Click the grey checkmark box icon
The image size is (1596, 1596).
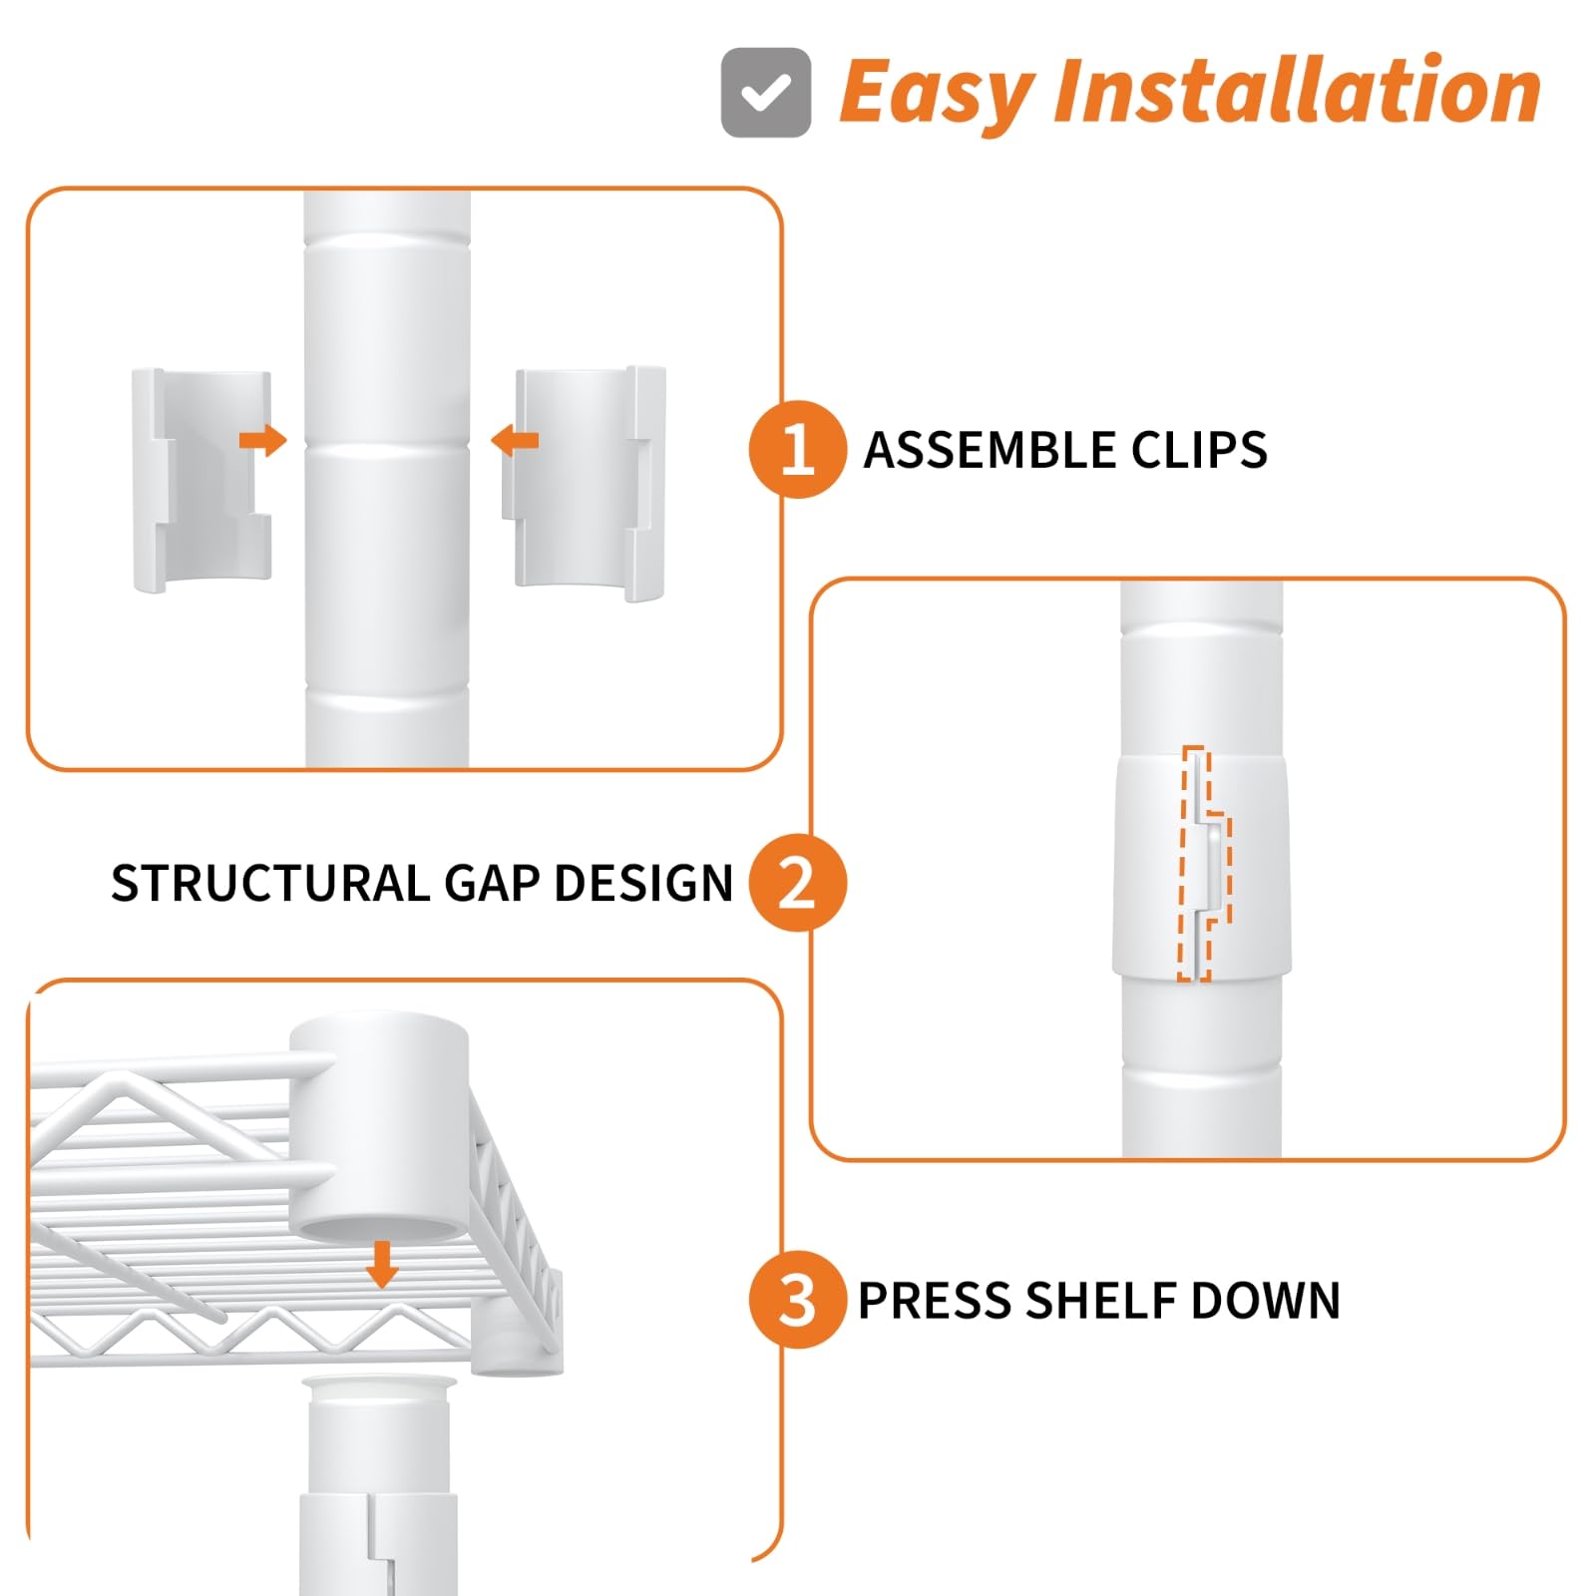click(x=766, y=93)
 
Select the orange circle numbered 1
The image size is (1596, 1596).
click(x=798, y=449)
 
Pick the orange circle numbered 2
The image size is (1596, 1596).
click(x=798, y=883)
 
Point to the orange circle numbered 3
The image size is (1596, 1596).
click(x=798, y=1300)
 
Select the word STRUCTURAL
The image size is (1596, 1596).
click(x=270, y=884)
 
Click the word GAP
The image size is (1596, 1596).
click(x=491, y=884)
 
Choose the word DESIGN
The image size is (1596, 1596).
click(x=643, y=884)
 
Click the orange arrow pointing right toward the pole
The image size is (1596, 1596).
click(x=263, y=440)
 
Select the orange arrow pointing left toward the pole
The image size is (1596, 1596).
click(x=515, y=440)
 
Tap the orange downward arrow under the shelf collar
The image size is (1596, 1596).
click(x=382, y=1265)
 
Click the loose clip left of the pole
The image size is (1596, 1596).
click(x=201, y=481)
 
